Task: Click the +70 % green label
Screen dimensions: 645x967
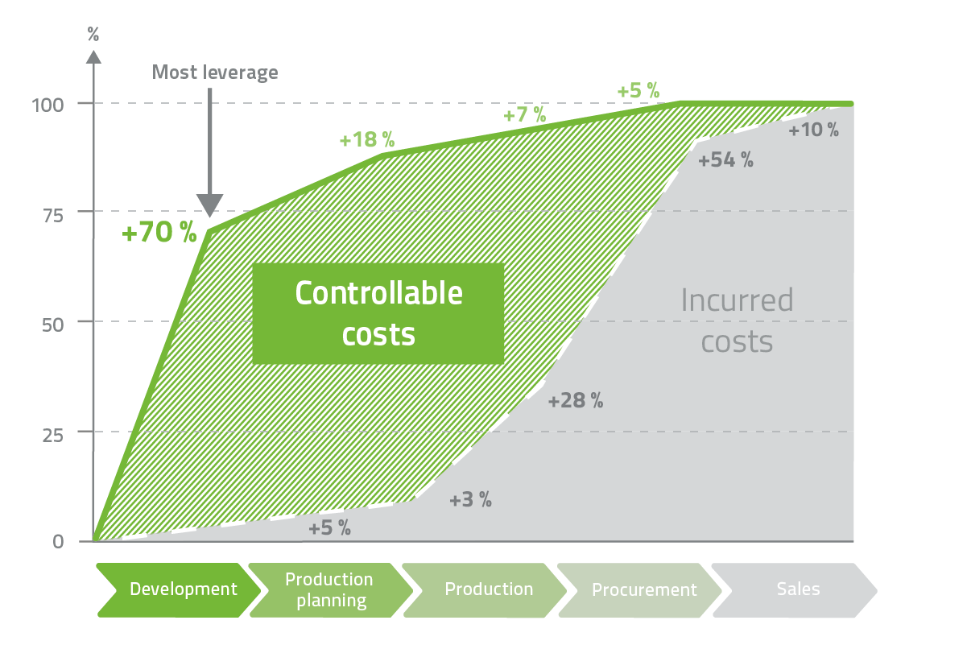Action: click(159, 234)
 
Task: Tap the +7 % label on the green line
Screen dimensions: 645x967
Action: click(524, 114)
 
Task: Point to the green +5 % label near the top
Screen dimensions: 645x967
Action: click(638, 90)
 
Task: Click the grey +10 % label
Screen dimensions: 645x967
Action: click(813, 130)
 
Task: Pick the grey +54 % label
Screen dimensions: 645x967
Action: click(725, 159)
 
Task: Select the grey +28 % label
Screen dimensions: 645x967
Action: click(575, 400)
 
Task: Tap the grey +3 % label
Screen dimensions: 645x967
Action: click(470, 499)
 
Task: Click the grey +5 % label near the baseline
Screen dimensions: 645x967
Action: click(329, 528)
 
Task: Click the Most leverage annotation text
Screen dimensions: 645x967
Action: click(215, 72)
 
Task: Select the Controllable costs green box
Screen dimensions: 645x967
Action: click(378, 313)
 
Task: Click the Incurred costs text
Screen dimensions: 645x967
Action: click(737, 320)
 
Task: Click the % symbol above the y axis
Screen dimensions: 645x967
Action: click(93, 34)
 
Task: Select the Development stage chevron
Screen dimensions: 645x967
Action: click(179, 589)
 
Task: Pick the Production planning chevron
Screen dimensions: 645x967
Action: click(329, 589)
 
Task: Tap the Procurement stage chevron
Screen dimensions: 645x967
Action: click(643, 589)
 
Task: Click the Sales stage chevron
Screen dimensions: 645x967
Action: click(797, 589)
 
